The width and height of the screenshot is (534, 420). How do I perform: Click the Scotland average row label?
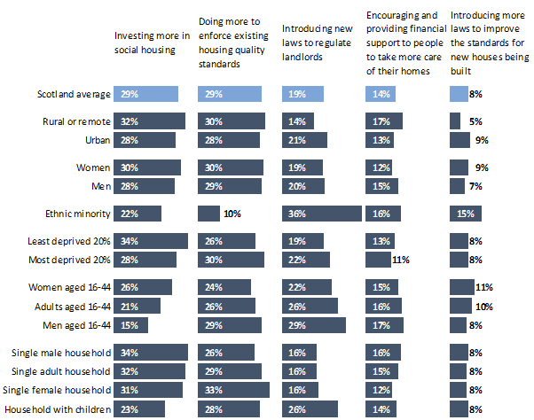tap(74, 94)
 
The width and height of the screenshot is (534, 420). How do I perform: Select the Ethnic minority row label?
tap(77, 214)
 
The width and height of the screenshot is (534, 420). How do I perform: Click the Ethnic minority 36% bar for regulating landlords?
tap(322, 214)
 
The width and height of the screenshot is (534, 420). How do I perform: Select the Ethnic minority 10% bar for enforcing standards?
tap(208, 214)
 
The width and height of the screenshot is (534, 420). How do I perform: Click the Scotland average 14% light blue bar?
tap(382, 94)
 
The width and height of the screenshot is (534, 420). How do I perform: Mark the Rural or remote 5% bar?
tap(455, 121)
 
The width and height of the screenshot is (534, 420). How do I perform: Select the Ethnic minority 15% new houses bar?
tap(466, 214)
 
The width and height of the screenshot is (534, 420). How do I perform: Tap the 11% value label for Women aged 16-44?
tap(484, 286)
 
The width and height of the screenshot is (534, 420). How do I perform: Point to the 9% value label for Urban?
tap(483, 140)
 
